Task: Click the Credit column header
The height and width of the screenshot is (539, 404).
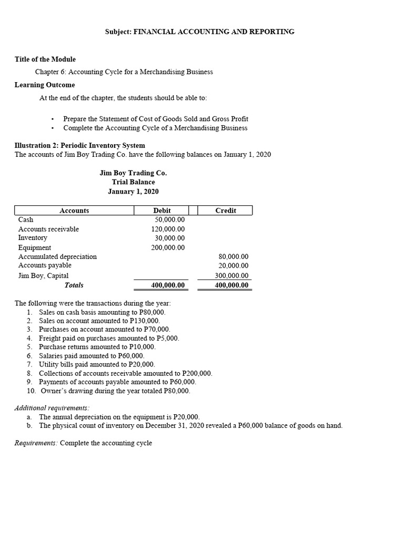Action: pos(226,211)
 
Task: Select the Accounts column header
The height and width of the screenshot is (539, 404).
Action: pos(74,211)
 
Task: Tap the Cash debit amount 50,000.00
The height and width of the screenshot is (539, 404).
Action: pos(169,219)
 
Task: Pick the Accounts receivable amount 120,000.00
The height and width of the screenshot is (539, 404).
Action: pos(168,229)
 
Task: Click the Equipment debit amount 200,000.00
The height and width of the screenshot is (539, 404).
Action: pos(168,247)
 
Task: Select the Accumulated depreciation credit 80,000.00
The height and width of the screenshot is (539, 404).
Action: pos(234,257)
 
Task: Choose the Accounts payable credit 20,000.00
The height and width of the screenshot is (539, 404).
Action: pos(234,266)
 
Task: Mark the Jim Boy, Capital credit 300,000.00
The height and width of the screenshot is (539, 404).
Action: pos(232,275)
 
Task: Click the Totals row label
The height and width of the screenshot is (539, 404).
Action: pos(74,285)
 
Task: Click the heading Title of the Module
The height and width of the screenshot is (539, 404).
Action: pos(45,59)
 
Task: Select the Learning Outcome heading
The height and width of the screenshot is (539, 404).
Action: pos(45,85)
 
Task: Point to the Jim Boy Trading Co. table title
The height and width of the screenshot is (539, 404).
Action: pos(133,173)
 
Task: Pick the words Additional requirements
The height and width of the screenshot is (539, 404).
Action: pos(52,408)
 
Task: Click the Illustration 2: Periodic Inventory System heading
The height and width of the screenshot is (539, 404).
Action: pos(80,145)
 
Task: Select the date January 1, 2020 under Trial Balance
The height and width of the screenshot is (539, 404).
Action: pos(133,192)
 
